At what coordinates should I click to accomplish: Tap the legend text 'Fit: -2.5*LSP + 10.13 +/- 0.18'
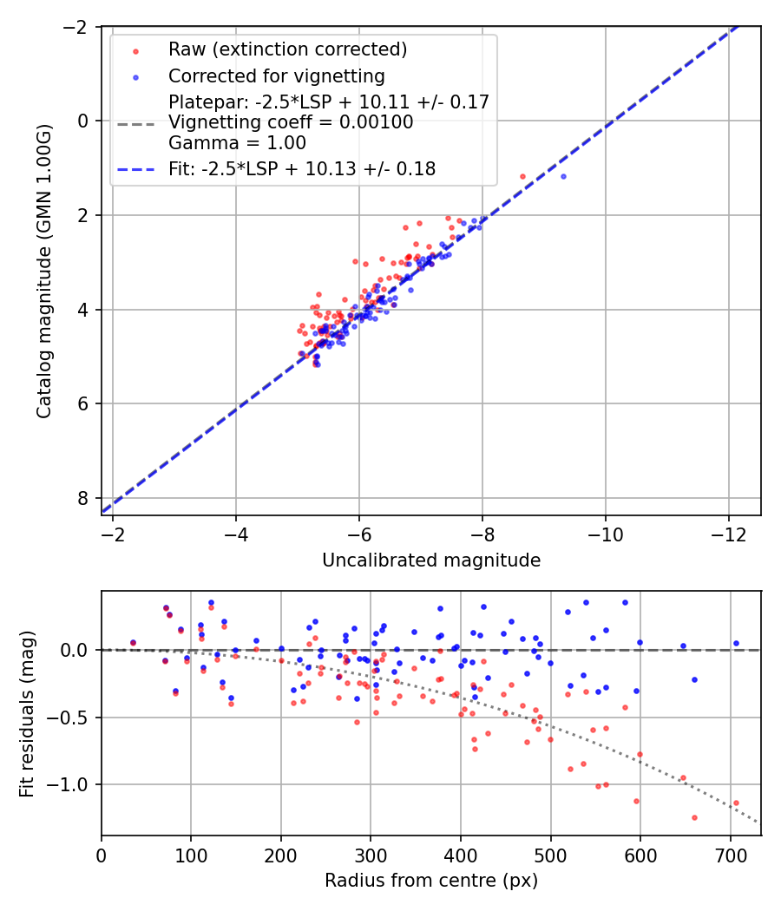point(302,169)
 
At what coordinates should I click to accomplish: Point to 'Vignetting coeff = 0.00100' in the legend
point(291,122)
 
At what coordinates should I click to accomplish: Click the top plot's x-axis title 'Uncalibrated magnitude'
point(431,560)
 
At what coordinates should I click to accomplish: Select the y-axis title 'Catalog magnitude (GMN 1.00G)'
point(44,271)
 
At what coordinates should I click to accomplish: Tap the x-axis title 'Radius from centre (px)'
point(431,881)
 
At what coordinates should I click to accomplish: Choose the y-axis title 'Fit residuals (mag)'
point(27,713)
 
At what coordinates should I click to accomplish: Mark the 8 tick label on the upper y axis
point(82,498)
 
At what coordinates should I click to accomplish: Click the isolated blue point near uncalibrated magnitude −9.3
point(563,176)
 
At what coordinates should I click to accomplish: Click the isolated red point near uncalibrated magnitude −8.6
point(522,176)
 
